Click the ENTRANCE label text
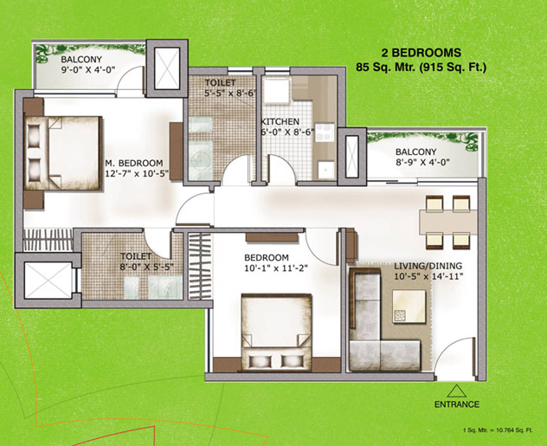[x=457, y=404]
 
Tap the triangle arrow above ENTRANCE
[x=457, y=391]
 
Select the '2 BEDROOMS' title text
[x=421, y=53]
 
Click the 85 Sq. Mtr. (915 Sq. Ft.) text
[x=421, y=67]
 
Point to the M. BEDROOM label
[x=134, y=163]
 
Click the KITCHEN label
[x=280, y=122]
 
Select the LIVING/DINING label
[x=428, y=266]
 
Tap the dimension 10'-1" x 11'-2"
[x=273, y=268]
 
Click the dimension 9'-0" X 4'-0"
[x=88, y=70]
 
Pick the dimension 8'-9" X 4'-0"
[x=422, y=162]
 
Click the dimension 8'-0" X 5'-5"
[x=146, y=267]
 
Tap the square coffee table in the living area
[x=409, y=307]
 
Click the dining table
[x=448, y=222]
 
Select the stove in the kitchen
[x=325, y=133]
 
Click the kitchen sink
[x=327, y=170]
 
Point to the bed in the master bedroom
[x=63, y=153]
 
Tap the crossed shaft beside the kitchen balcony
[x=352, y=157]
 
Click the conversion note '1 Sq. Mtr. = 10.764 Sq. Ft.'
[x=498, y=430]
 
